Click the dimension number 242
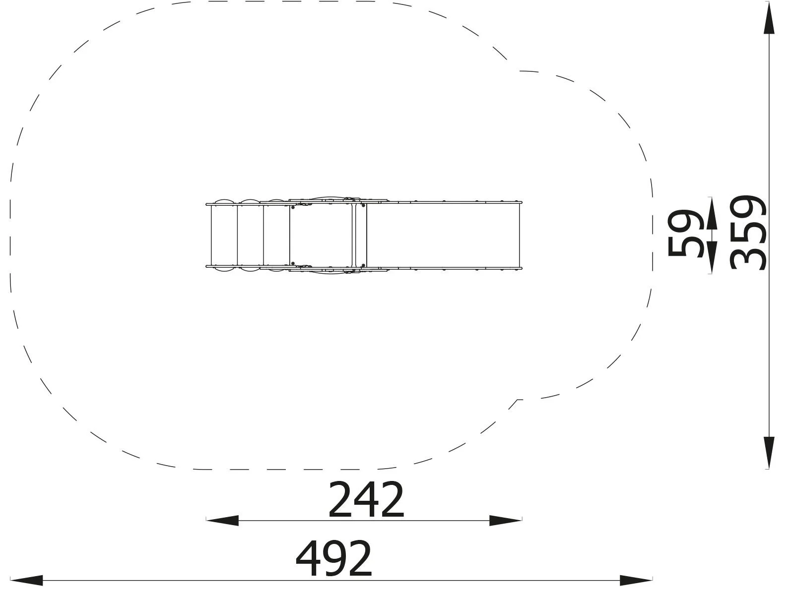pos(366,499)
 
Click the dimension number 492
pos(333,559)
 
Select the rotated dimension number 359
pos(749,233)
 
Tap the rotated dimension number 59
pos(685,233)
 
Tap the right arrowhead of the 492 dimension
pos(636,580)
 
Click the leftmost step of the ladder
pos(224,235)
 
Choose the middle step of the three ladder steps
pos(250,235)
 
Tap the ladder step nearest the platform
pos(276,235)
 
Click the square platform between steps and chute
pos(321,235)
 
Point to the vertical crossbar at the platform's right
pos(354,235)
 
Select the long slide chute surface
pos(443,235)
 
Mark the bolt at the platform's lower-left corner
pos(293,264)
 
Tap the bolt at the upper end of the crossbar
pos(363,205)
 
